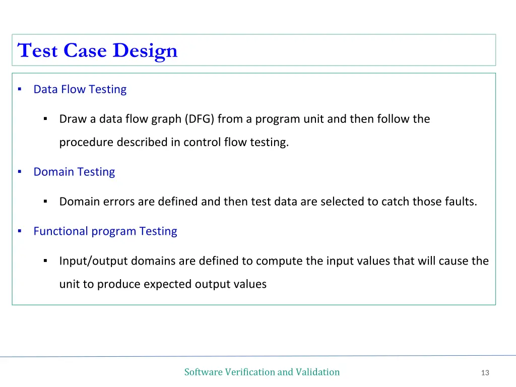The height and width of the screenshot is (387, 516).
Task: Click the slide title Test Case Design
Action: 97,50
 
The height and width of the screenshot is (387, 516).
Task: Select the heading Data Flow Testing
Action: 80,89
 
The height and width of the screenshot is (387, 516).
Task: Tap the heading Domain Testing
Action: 74,172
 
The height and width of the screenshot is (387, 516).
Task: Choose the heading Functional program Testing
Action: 105,231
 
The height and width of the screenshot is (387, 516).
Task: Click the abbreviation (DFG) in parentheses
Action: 199,119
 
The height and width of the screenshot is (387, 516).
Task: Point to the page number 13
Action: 485,373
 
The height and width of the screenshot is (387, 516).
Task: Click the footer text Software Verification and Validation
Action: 262,372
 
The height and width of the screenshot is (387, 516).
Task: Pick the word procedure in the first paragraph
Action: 86,143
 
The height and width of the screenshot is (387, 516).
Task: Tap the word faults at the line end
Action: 460,202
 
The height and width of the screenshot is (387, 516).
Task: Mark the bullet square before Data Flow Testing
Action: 19,89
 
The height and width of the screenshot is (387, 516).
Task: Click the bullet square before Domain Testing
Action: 19,172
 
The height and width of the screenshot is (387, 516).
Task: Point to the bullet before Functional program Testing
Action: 19,231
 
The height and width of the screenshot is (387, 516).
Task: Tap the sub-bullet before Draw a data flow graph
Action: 45,119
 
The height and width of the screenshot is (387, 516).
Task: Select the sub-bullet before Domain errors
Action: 45,202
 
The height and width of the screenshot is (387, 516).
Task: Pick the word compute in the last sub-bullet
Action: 276,261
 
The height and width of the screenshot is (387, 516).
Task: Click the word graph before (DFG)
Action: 166,119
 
